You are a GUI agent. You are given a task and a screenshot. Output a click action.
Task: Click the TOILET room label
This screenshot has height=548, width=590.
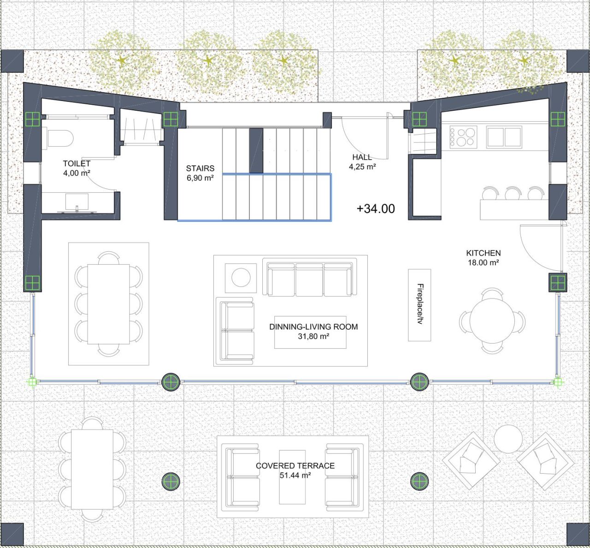click(x=77, y=164)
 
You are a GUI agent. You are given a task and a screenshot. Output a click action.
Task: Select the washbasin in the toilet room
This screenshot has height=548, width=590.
click(x=77, y=203)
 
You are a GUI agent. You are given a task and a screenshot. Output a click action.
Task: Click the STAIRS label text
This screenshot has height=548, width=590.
click(x=200, y=168)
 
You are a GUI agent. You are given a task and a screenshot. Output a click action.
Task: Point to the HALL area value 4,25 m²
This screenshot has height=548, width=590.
click(x=362, y=167)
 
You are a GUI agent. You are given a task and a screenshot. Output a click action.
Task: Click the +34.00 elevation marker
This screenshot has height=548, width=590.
click(x=376, y=209)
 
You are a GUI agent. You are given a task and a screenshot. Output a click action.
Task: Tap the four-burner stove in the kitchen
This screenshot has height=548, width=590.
click(x=463, y=137)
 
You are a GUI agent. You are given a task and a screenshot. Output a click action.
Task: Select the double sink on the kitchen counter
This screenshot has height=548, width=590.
click(x=504, y=137)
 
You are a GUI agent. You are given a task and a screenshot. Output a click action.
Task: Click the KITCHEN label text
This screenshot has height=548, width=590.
click(x=484, y=253)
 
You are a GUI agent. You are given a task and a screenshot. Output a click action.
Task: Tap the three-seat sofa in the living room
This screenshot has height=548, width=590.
click(x=310, y=279)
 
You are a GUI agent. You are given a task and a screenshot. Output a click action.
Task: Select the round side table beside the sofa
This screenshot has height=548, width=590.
click(x=241, y=277)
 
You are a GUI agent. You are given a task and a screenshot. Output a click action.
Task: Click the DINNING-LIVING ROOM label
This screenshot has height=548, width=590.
click(x=313, y=327)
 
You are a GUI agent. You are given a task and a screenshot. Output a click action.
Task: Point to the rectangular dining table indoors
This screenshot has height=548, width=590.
click(x=108, y=304)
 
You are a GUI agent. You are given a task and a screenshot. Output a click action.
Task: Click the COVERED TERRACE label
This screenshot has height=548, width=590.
click(x=295, y=465)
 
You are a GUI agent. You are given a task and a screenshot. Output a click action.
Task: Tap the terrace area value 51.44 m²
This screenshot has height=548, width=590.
click(x=295, y=475)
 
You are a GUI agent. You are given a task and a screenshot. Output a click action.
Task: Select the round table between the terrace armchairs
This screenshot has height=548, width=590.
click(x=508, y=439)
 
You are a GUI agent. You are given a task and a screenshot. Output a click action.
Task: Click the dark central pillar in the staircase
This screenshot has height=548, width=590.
click(x=256, y=150)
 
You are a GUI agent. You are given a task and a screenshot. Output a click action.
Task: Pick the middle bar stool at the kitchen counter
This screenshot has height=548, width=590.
click(x=513, y=194)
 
